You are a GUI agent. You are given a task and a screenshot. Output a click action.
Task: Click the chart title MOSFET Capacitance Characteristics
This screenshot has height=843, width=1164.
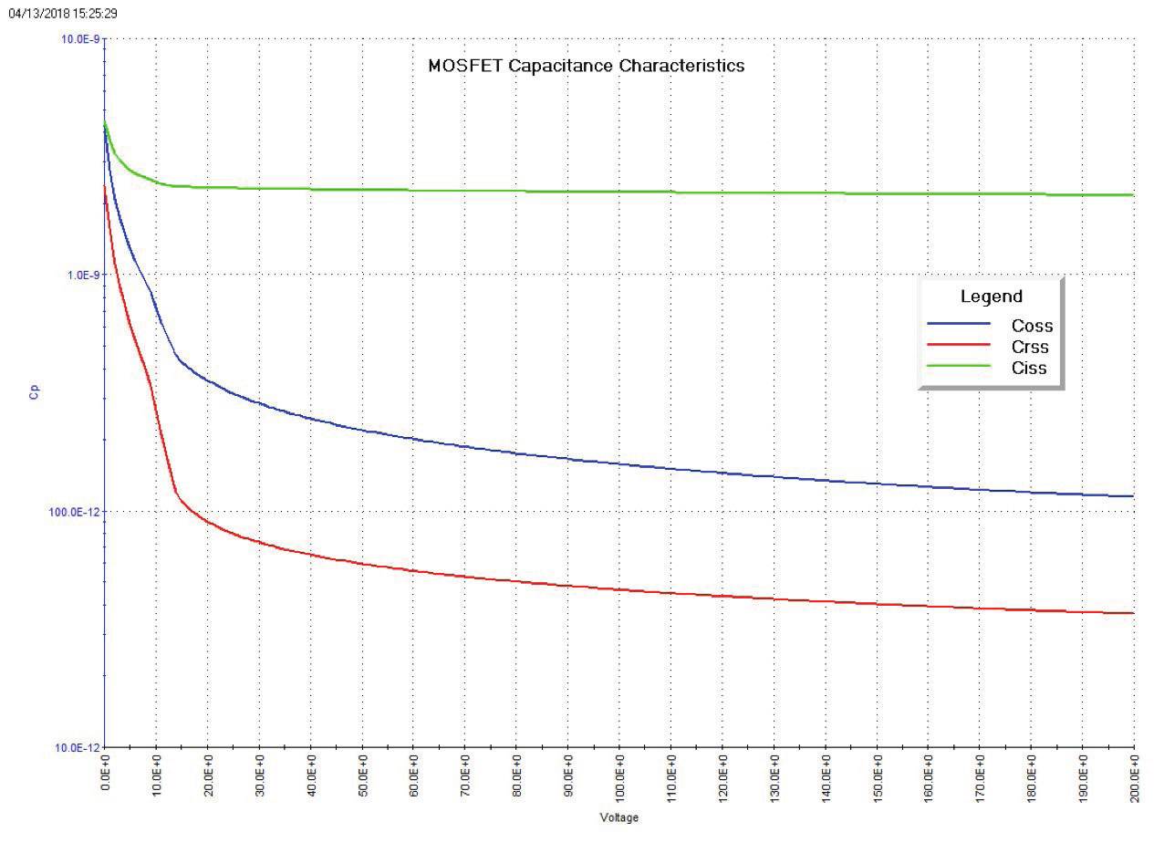(586, 66)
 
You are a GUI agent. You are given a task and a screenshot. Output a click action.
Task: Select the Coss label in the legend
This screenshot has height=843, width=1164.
(1032, 326)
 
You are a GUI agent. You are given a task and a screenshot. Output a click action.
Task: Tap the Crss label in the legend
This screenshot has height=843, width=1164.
(1030, 347)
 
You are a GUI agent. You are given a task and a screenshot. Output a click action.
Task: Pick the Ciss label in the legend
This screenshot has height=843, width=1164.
(1029, 369)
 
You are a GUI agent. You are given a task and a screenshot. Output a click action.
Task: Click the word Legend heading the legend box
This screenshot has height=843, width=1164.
(991, 297)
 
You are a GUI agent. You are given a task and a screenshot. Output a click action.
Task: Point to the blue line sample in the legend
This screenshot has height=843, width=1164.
(959, 324)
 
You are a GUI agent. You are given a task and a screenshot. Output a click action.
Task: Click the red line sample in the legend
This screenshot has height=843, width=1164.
(959, 345)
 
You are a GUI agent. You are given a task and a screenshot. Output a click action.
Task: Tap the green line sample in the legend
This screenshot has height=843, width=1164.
(959, 366)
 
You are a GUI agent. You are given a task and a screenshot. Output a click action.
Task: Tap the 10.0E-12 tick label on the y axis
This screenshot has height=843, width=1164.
(77, 747)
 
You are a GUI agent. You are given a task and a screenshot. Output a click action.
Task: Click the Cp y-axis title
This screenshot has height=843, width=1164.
(35, 393)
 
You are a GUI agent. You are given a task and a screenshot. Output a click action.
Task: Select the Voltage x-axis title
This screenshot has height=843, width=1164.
(618, 817)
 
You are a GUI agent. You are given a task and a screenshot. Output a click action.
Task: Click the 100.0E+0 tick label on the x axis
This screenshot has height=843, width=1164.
(619, 777)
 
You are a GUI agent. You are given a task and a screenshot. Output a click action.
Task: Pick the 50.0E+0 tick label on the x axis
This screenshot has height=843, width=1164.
(362, 779)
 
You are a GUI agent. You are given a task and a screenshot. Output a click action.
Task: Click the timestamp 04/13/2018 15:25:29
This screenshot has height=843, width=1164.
(62, 14)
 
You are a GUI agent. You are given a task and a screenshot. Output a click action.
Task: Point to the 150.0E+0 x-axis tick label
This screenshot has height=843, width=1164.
(878, 777)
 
